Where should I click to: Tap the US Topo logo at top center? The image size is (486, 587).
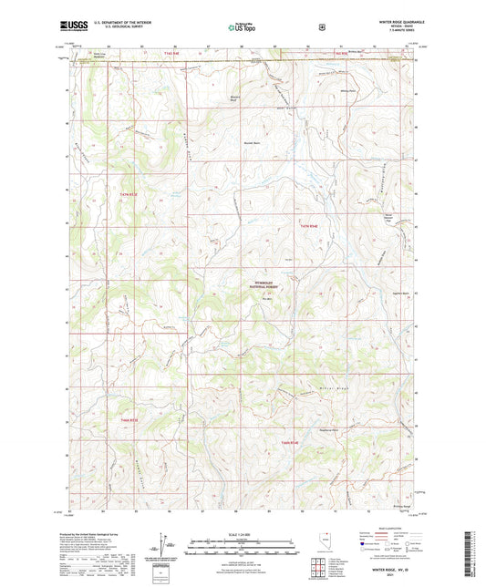tap(243, 27)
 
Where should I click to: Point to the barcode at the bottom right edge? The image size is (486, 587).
tap(478, 556)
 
